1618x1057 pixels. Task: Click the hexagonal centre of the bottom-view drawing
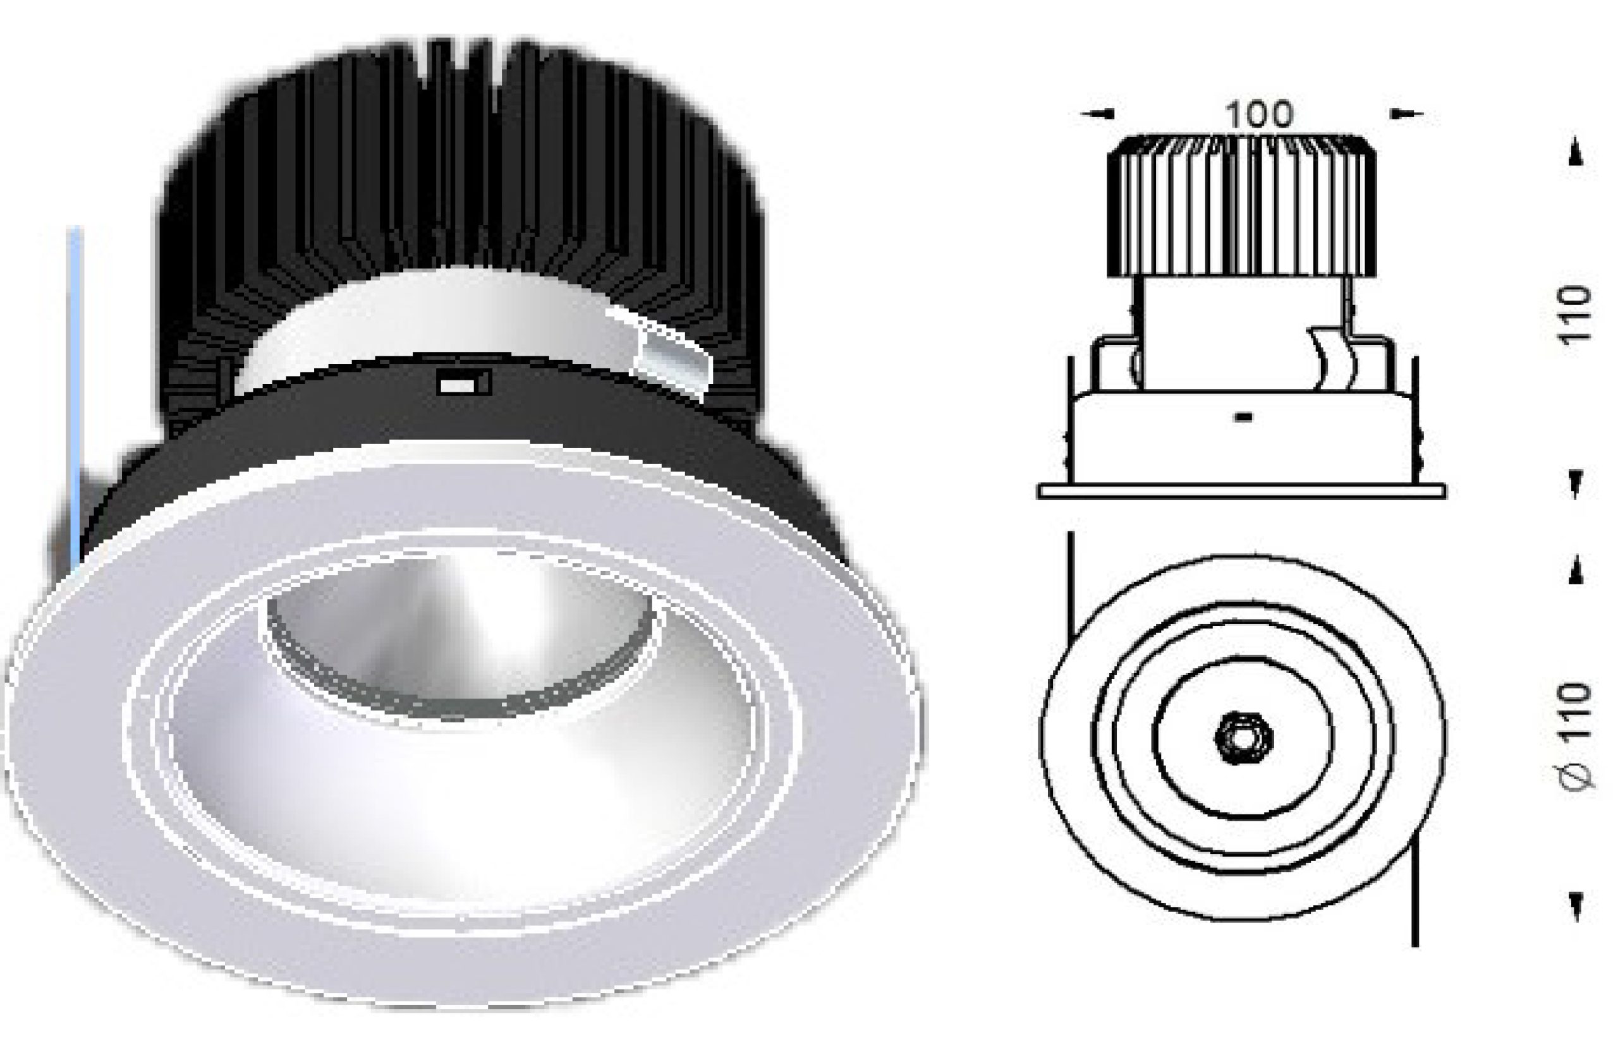(1243, 737)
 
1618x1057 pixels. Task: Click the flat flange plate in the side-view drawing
(1241, 492)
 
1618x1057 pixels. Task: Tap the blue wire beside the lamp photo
(75, 380)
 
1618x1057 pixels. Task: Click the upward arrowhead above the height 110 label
(1576, 157)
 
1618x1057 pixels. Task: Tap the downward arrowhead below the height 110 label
(1576, 485)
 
